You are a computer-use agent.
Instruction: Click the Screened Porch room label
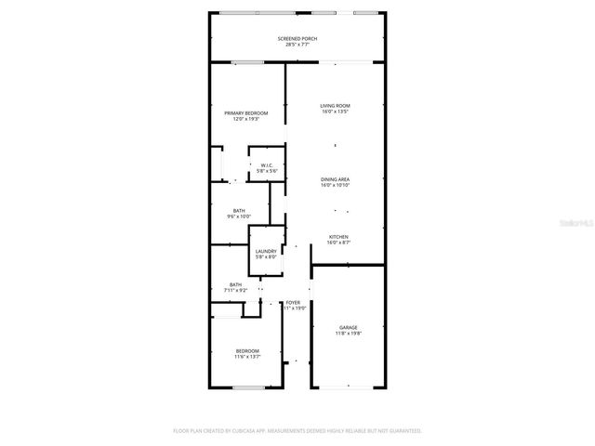click(297, 38)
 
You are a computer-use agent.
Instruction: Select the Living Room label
click(335, 106)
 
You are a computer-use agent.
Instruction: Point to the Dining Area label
click(335, 178)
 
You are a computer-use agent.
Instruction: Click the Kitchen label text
click(338, 237)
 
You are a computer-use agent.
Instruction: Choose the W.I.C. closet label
click(267, 165)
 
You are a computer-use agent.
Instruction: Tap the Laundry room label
click(266, 251)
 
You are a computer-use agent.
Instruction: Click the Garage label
click(348, 327)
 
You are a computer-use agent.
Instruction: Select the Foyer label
click(293, 303)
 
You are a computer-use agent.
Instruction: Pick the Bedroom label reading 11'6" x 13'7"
click(247, 350)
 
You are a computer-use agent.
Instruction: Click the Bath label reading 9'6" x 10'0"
click(239, 210)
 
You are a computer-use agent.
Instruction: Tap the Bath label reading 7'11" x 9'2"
click(236, 284)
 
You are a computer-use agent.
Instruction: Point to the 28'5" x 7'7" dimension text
click(297, 44)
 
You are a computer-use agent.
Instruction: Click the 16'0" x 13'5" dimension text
click(335, 111)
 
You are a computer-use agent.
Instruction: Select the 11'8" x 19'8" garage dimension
click(348, 333)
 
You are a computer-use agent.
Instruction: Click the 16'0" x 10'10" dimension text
click(335, 184)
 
